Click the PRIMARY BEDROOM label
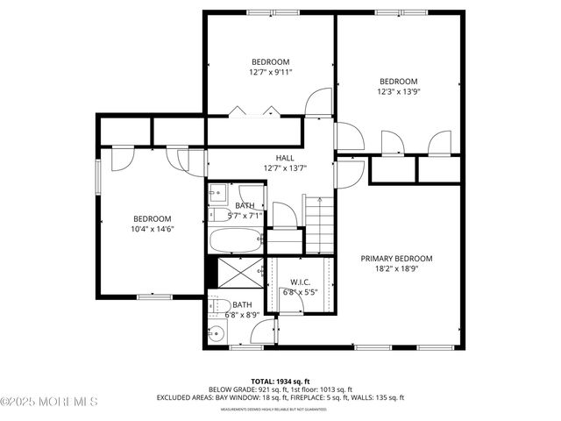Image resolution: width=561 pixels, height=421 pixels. pyautogui.click(x=397, y=259)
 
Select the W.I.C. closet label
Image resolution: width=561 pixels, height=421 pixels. pyautogui.click(x=300, y=282)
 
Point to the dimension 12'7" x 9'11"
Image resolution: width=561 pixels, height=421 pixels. pyautogui.click(x=270, y=72)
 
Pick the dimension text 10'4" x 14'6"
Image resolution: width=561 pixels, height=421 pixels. pyautogui.click(x=152, y=230)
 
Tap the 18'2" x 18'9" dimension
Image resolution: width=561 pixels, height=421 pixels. pyautogui.click(x=397, y=269)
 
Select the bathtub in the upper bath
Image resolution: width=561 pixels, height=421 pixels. pyautogui.click(x=235, y=240)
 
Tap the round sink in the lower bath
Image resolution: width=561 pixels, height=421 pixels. pyautogui.click(x=217, y=333)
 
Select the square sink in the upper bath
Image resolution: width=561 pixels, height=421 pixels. pyautogui.click(x=217, y=193)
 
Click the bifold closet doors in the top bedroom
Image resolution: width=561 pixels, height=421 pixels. pyautogui.click(x=254, y=111)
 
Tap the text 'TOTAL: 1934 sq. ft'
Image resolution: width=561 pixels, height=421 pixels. pyautogui.click(x=280, y=381)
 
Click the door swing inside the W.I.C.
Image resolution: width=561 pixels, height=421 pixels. pyautogui.click(x=291, y=303)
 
